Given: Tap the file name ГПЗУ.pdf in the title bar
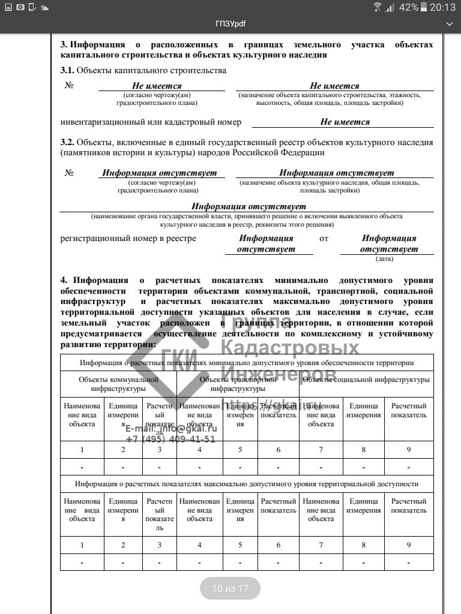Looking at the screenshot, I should pos(230,24).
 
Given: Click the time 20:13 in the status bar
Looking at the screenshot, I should pos(444,7).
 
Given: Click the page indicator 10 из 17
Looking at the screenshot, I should pos(230,588).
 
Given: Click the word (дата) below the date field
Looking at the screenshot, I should pos(384,259).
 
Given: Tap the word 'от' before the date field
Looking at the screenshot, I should pos(324,239).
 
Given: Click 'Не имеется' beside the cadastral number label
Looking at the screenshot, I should pos(345,122).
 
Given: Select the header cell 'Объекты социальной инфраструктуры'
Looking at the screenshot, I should pos(366,380).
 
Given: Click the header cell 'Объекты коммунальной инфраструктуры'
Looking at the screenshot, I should pos(118,384).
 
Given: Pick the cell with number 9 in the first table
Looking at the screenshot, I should pos(409,449).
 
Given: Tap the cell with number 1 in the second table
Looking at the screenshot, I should pos(82,544).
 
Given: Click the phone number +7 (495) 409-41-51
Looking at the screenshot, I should pos(170,439).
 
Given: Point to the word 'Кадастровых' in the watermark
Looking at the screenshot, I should pos(291,348).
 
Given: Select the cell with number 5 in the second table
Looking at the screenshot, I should pos(240,544).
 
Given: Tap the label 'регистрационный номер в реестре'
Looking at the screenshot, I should pos(128,239).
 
